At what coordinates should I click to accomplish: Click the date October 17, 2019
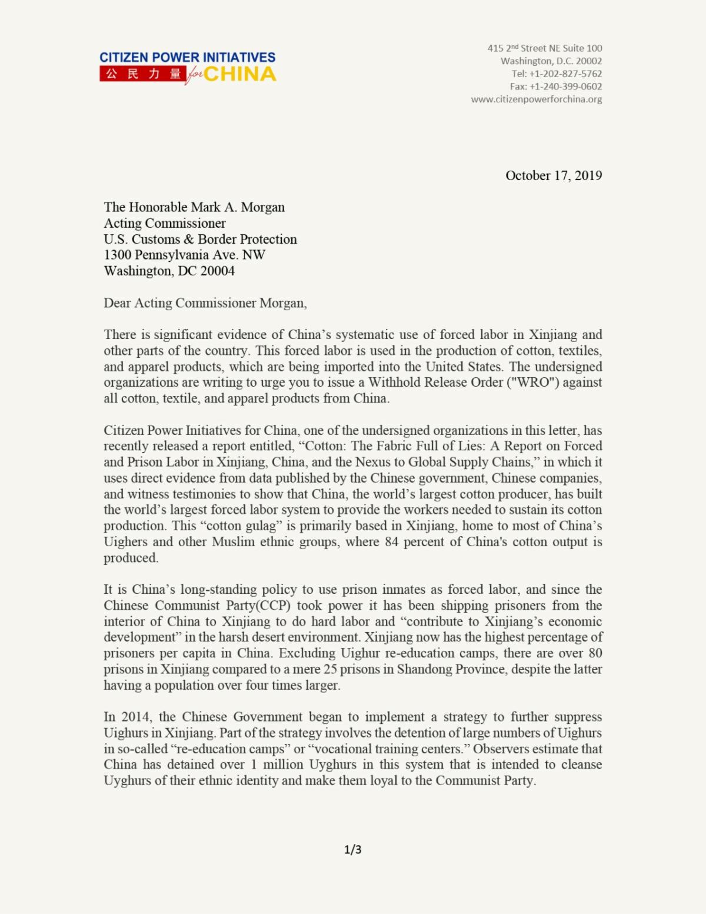(x=553, y=175)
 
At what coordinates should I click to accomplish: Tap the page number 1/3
(x=352, y=849)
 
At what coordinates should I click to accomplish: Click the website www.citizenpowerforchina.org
(x=536, y=99)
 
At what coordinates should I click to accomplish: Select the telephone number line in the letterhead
(x=556, y=74)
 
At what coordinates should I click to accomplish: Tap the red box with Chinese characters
(x=143, y=74)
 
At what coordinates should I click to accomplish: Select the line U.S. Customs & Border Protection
(x=200, y=239)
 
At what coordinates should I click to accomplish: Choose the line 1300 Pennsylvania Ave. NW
(x=184, y=255)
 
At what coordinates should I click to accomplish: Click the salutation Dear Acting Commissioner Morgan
(x=205, y=303)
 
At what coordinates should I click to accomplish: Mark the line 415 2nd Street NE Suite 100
(x=544, y=48)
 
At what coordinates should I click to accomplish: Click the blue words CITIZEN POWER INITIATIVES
(x=187, y=58)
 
